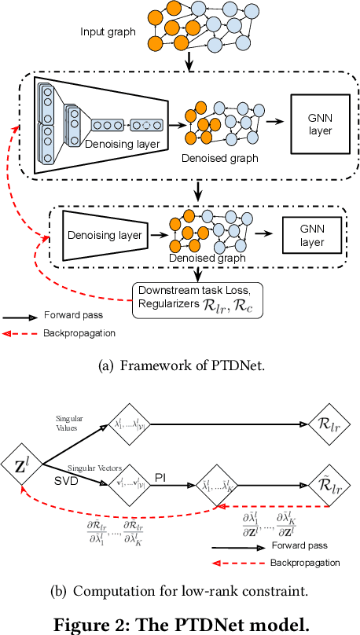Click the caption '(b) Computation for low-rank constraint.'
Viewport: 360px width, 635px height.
(180, 591)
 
